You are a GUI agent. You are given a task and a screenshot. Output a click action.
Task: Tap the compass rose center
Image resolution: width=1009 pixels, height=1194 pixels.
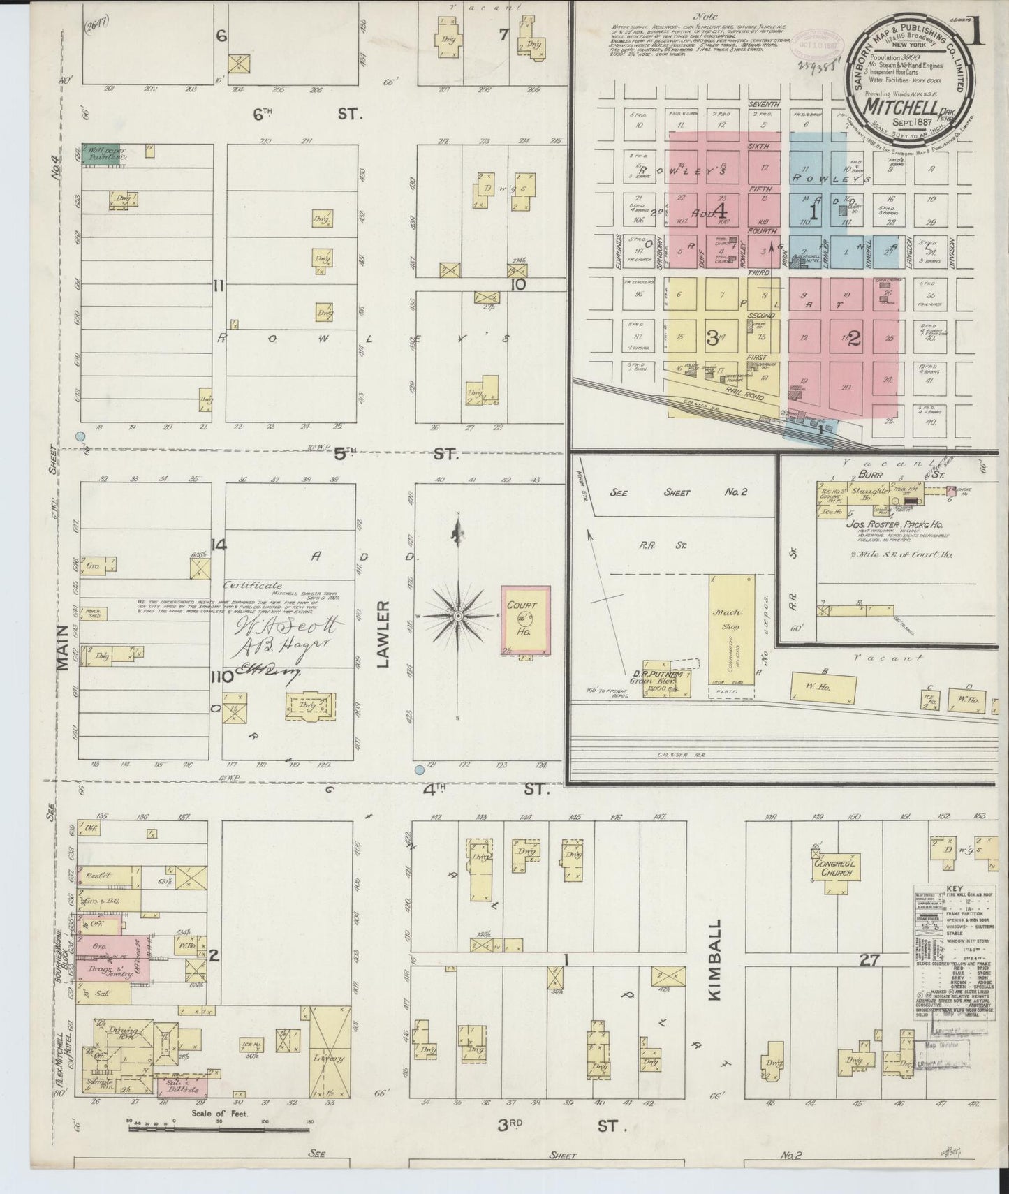(457, 617)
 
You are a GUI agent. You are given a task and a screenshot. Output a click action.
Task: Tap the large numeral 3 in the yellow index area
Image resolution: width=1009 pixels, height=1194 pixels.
(711, 339)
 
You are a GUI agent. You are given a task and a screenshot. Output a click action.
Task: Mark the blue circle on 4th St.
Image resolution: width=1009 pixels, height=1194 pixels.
(419, 770)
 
